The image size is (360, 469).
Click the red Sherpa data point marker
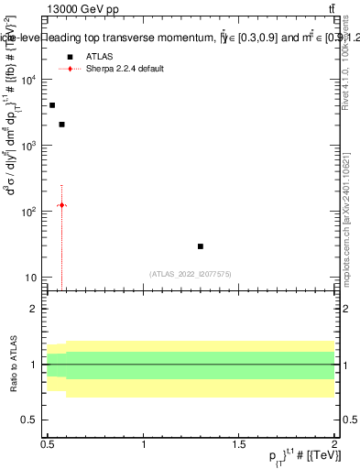pyautogui.click(x=61, y=204)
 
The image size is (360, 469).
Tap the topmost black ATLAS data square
pyautogui.click(x=52, y=105)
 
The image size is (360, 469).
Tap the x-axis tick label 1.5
pyautogui.click(x=239, y=444)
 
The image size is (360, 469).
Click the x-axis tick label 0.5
pyautogui.click(x=48, y=444)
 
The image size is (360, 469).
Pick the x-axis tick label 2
pyautogui.click(x=334, y=444)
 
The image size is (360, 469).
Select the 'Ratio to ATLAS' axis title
pyautogui.click(x=12, y=364)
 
